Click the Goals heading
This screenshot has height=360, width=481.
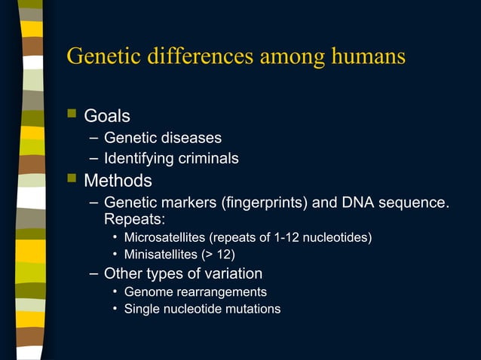pos(106,116)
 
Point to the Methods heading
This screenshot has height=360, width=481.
pos(118,181)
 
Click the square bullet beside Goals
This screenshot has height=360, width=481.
pos(72,114)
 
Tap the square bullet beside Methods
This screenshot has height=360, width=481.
pos(72,179)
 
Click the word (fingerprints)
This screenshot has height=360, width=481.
pos(252,203)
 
